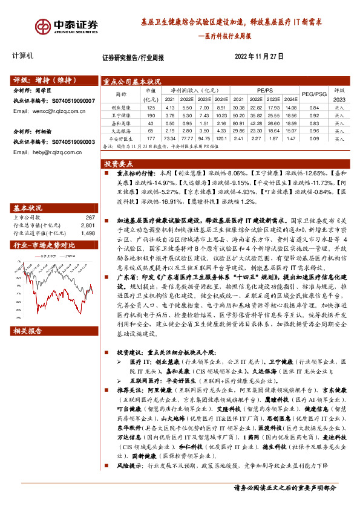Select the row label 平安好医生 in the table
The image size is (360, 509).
pos(122,138)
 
